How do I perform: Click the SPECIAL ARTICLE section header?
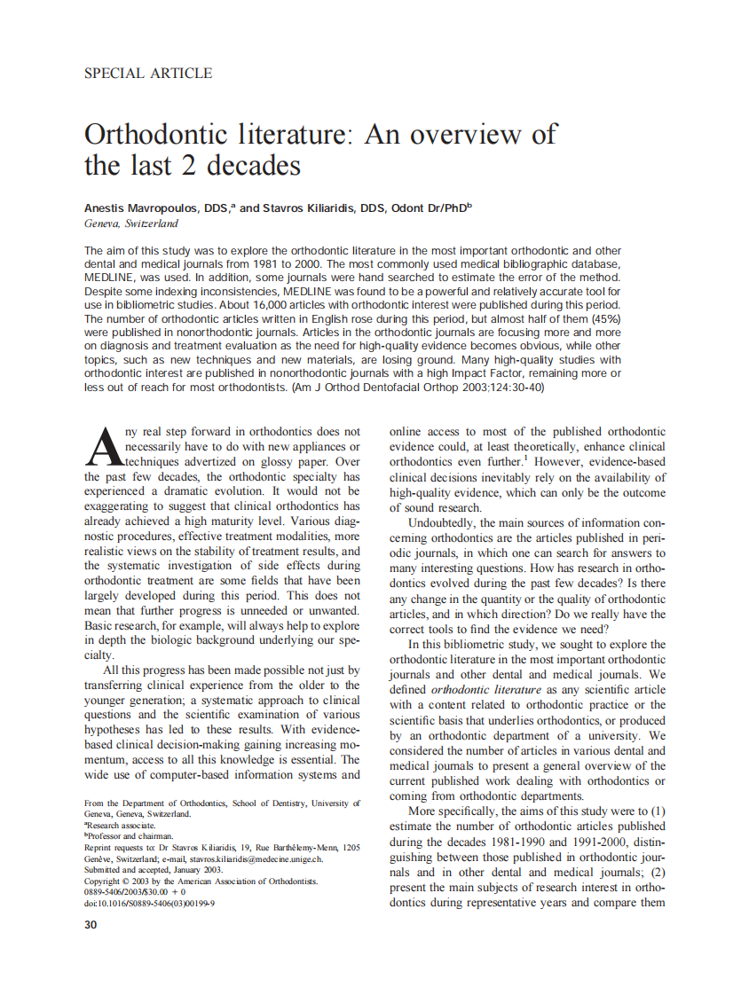(x=147, y=74)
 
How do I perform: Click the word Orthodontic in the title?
(x=155, y=135)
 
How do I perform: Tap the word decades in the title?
(x=256, y=166)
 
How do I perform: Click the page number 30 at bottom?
(x=91, y=925)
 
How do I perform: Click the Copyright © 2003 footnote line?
(x=201, y=881)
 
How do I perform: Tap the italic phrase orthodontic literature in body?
(x=485, y=689)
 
